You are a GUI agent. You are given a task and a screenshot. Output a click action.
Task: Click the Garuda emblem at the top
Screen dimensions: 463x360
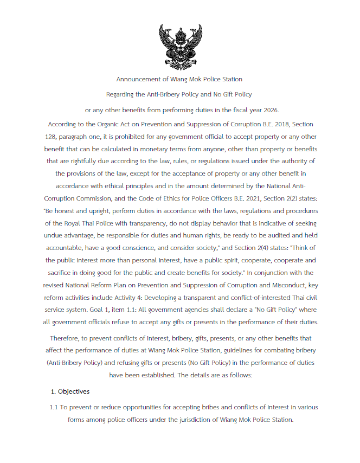click(x=179, y=44)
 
